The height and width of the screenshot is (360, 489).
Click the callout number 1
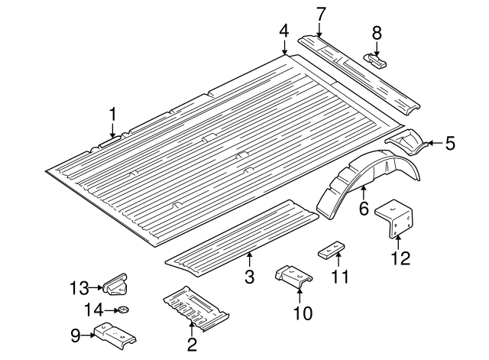tap(112, 115)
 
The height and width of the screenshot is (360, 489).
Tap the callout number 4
tap(283, 31)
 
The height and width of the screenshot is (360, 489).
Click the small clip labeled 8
tap(375, 60)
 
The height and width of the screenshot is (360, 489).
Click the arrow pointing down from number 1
tap(112, 132)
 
